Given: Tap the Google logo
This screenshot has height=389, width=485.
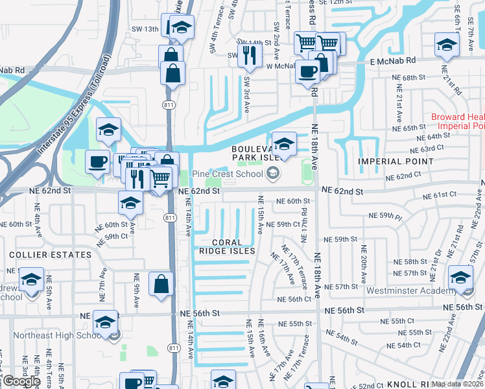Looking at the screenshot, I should (x=21, y=381).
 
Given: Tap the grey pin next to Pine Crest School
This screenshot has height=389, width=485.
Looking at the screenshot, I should (x=273, y=172).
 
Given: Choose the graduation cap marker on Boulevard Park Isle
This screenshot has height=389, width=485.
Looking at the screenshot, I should (x=284, y=143).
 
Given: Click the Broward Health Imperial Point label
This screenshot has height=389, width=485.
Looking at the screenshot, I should (x=458, y=121).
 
